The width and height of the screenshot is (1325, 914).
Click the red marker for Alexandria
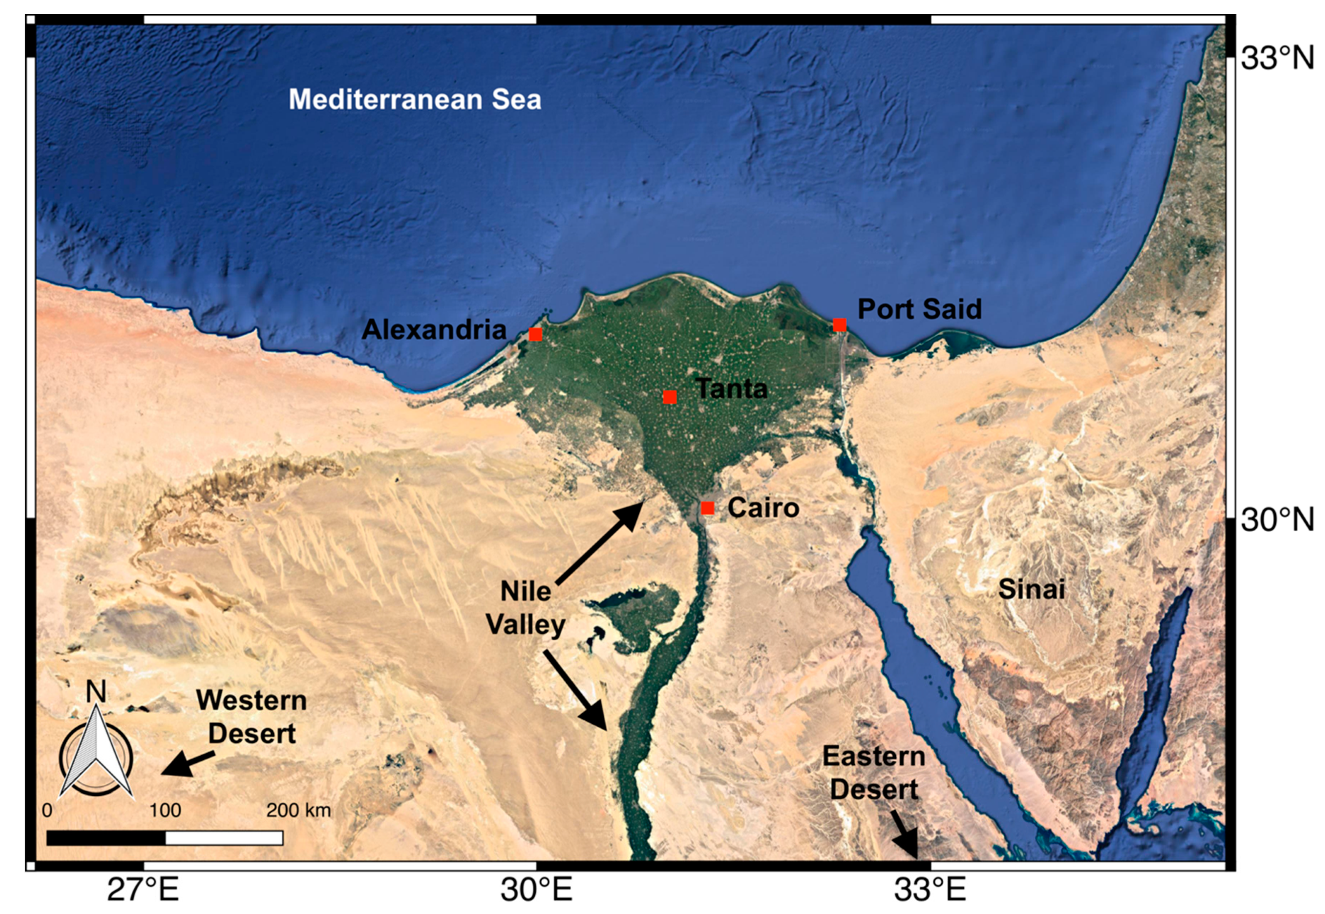(x=535, y=334)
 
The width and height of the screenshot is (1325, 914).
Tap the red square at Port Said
(x=839, y=325)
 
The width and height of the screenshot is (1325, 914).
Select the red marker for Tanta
(x=670, y=397)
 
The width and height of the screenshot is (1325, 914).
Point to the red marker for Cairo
(x=707, y=508)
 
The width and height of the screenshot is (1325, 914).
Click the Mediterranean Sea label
(x=415, y=100)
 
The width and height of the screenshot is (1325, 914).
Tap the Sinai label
(x=1031, y=589)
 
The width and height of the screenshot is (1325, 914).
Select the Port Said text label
(x=919, y=309)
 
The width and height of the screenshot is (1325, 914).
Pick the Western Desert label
(x=252, y=717)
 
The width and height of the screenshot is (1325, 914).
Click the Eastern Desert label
(x=873, y=773)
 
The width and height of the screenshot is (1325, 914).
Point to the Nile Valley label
(x=526, y=608)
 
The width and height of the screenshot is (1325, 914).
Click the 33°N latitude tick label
(x=1277, y=58)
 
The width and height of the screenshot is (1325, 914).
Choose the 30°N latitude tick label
(x=1277, y=520)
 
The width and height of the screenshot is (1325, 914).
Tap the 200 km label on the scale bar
(x=298, y=810)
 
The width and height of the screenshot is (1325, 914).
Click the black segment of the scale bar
(x=106, y=838)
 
